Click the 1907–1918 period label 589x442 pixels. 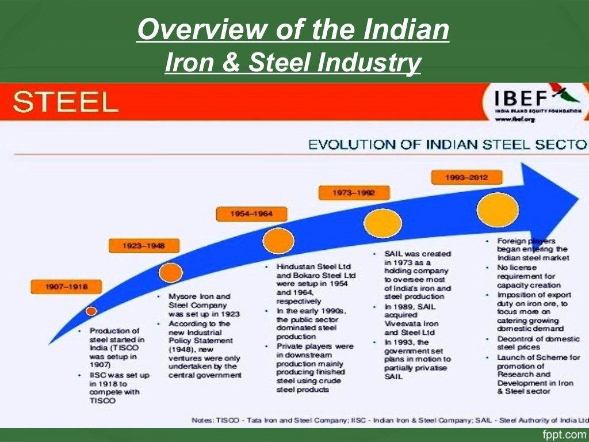tap(58, 286)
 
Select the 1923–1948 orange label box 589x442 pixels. tap(143, 246)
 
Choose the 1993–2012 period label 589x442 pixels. tap(466, 178)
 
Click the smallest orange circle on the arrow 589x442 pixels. tap(91, 311)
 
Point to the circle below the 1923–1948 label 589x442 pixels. tap(171, 272)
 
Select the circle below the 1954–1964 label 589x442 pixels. tap(278, 241)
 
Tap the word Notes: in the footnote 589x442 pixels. tap(202, 421)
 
